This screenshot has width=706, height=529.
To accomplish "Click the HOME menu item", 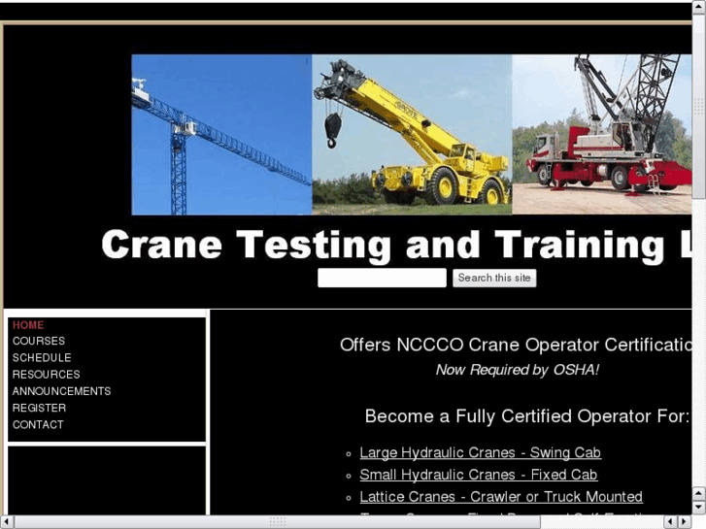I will [28, 325].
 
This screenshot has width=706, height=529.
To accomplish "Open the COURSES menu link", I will [39, 342].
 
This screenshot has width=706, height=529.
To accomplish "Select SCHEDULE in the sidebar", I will [42, 358].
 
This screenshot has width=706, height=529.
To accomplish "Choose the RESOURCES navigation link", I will [46, 375].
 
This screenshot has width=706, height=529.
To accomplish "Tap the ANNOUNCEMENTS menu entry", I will [61, 391].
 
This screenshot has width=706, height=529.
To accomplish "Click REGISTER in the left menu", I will [39, 409].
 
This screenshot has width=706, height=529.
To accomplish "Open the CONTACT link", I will [38, 425].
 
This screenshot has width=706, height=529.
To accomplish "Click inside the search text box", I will [382, 279].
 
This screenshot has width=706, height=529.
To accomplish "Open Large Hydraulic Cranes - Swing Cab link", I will [480, 453].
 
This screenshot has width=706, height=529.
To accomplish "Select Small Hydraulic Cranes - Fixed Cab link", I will [478, 476].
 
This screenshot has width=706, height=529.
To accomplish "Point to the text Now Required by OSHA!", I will [517, 370].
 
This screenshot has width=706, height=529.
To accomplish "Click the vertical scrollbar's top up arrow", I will [698, 9].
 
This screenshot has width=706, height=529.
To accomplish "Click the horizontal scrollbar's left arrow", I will [8, 521].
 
